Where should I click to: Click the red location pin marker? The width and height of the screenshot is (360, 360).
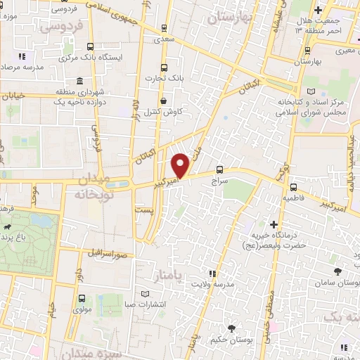click(181, 164)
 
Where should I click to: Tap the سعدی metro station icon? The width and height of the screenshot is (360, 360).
click(164, 29)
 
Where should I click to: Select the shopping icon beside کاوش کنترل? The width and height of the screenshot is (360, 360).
click(163, 100)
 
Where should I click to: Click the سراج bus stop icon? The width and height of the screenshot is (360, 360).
click(220, 169)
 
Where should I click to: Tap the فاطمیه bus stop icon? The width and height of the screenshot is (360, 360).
click(293, 187)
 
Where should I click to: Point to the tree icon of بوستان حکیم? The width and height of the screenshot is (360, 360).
click(231, 328)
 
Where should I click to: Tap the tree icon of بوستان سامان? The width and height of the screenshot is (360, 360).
click(337, 271)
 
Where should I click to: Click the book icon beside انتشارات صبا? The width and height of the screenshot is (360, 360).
click(145, 292)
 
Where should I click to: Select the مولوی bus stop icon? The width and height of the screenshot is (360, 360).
click(82, 299)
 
